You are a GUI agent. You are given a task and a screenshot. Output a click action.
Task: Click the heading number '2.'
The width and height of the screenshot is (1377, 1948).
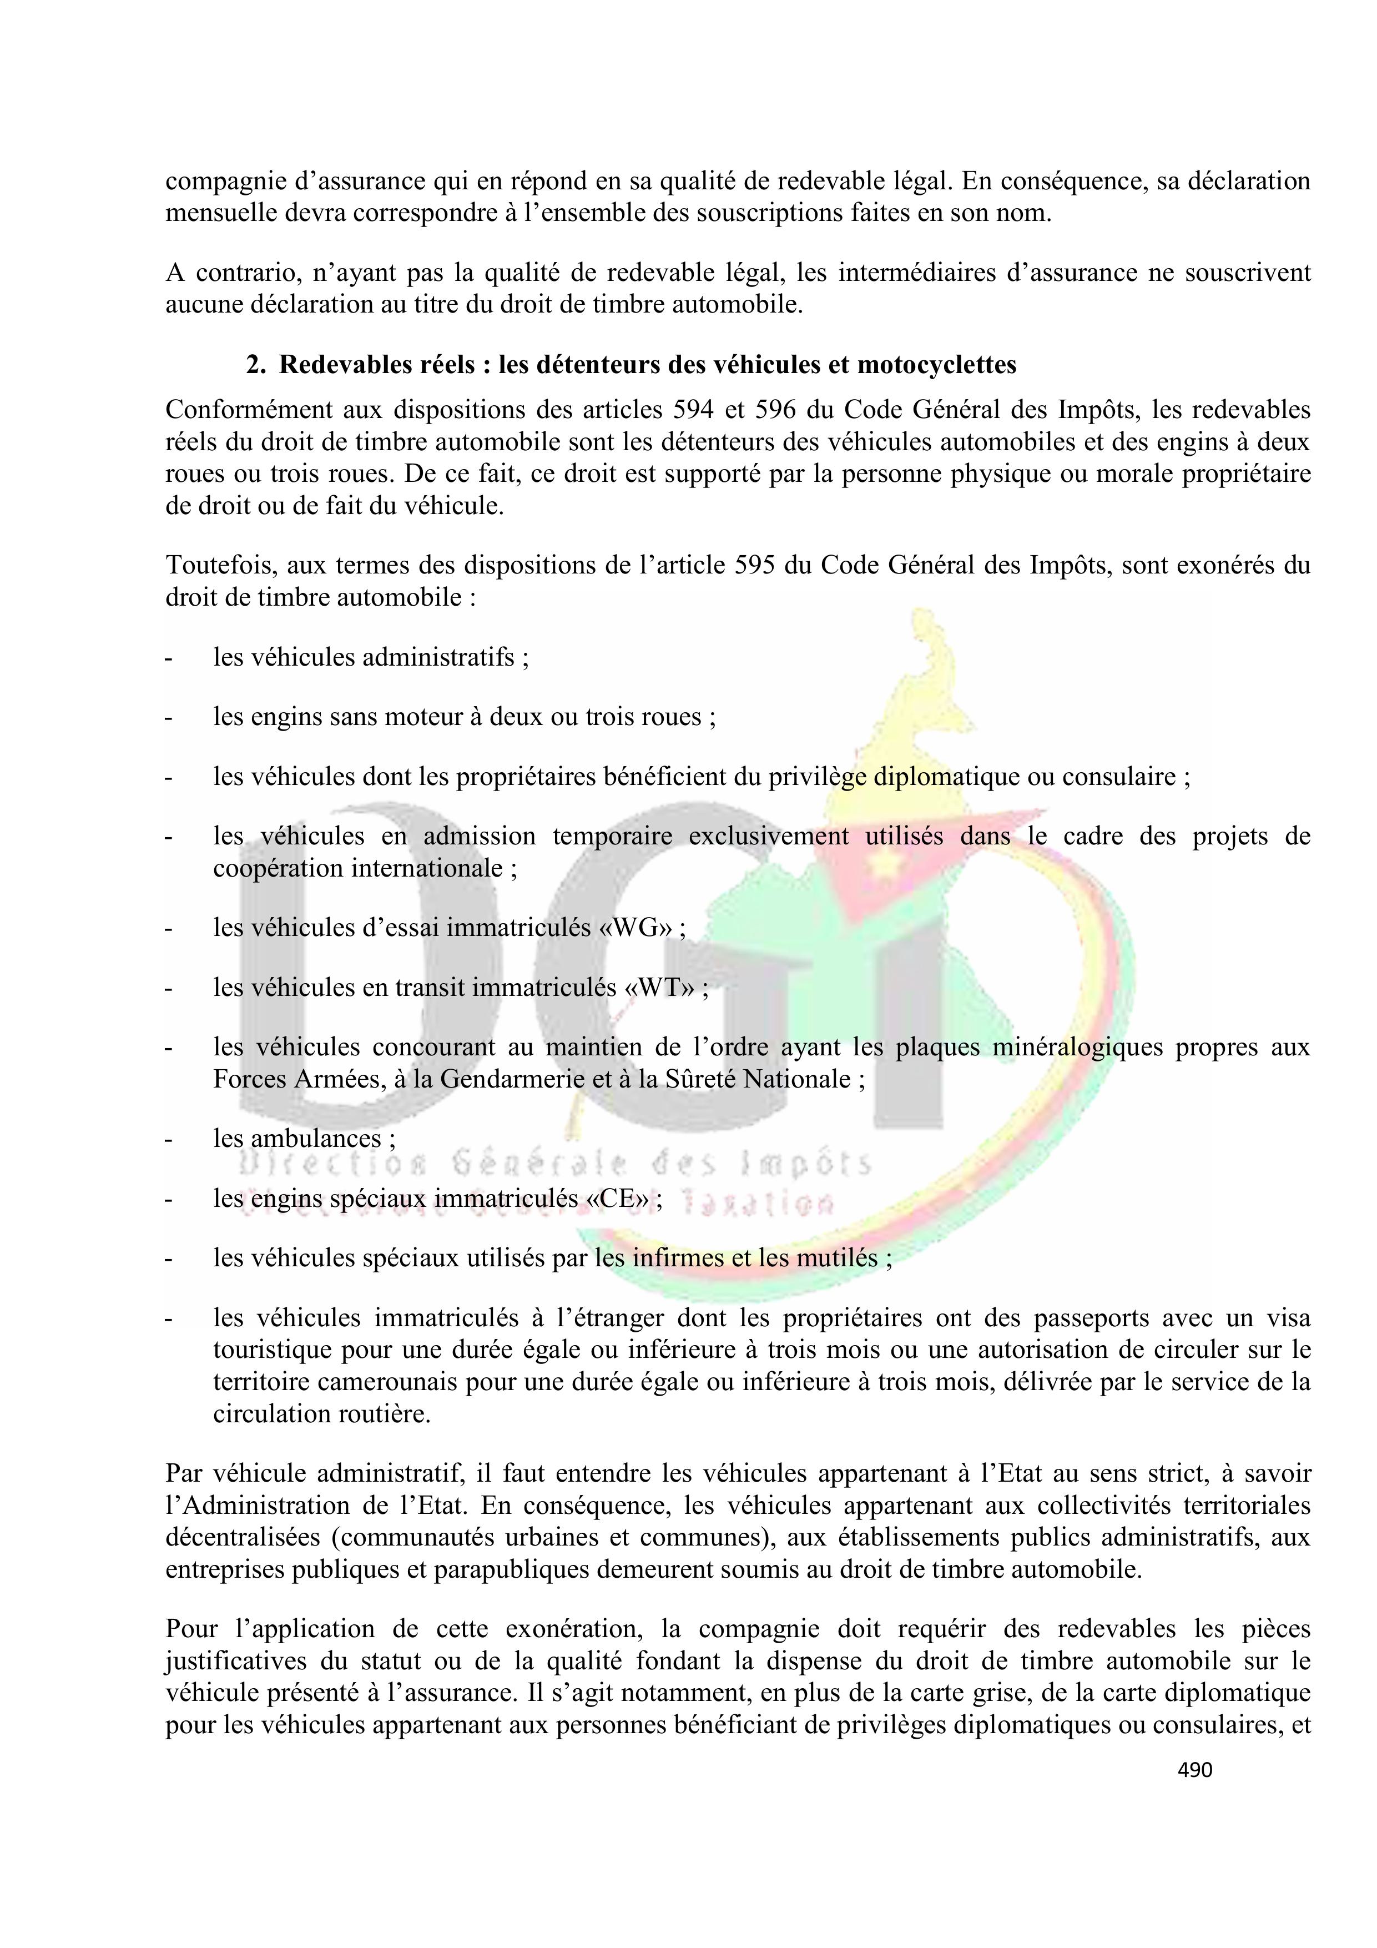pyautogui.click(x=257, y=365)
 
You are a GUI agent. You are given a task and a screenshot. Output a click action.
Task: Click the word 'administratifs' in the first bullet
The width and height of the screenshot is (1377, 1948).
pyautogui.click(x=438, y=657)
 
